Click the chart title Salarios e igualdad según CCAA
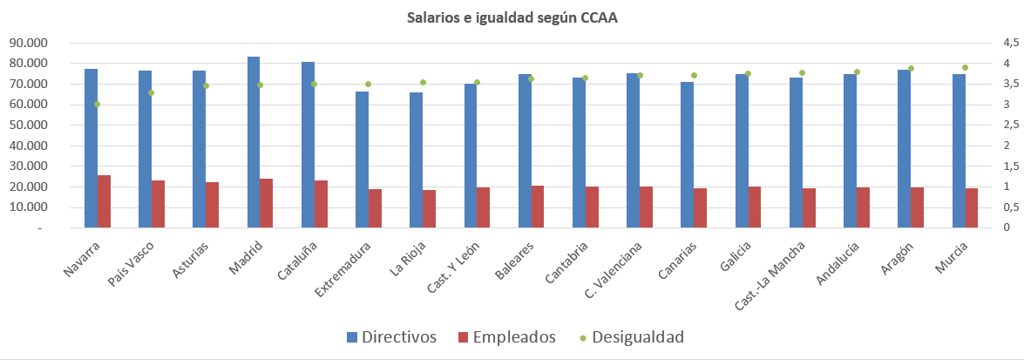click(512, 17)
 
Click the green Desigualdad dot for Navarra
click(98, 104)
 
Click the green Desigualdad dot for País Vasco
click(152, 92)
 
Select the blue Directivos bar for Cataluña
click(308, 145)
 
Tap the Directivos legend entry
click(390, 337)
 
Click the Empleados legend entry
click(506, 337)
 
